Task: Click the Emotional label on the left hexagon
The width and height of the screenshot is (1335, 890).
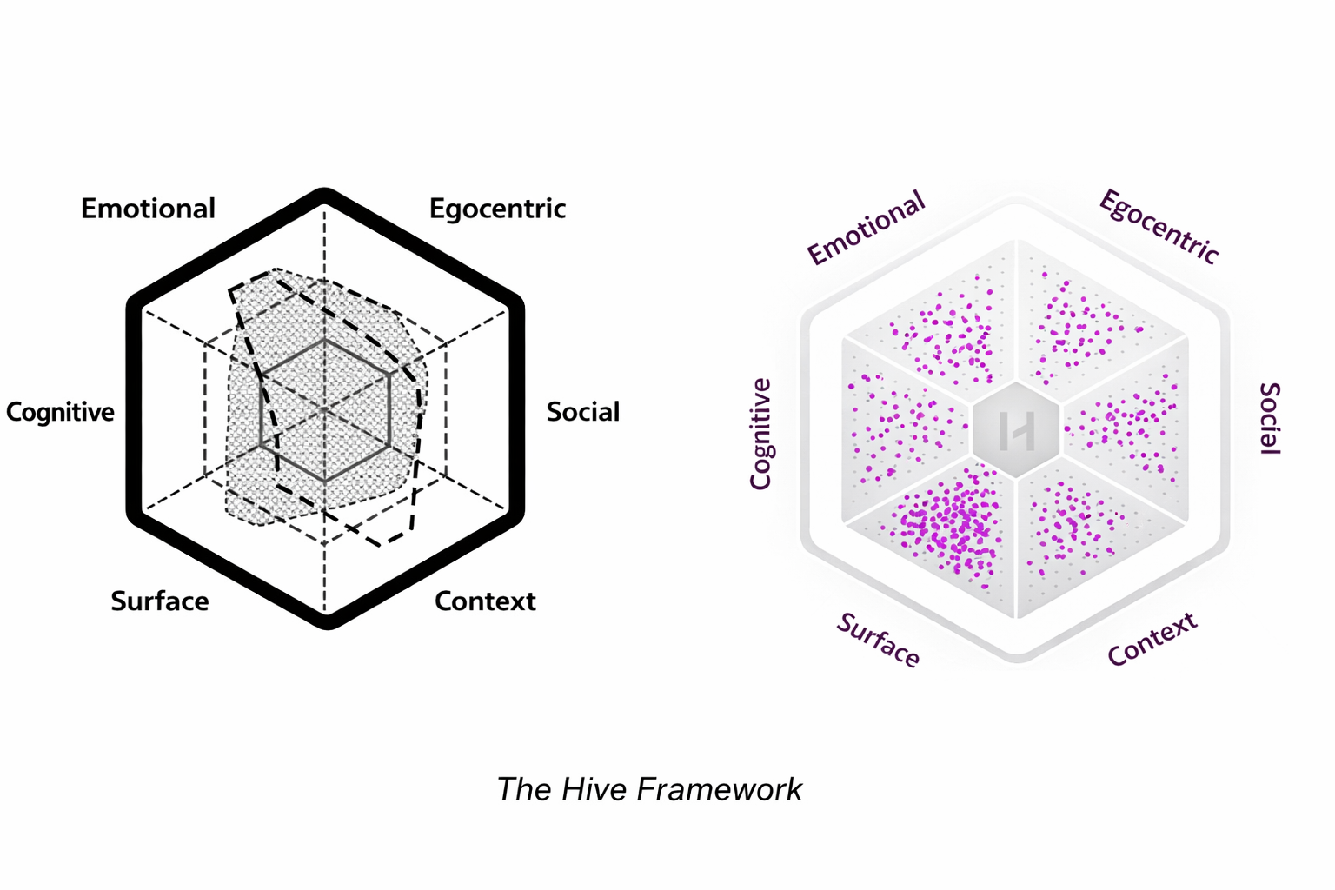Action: pos(148,209)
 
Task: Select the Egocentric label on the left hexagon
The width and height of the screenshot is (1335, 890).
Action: pos(497,209)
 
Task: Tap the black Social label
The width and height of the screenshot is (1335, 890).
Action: pos(582,412)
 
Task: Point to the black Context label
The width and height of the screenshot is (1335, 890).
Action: pos(485,601)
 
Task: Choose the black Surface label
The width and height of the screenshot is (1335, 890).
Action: pos(160,601)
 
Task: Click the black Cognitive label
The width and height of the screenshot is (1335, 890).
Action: pos(60,412)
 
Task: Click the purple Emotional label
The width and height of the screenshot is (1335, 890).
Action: pos(866,228)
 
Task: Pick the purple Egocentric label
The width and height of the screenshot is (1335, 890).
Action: pos(1159,226)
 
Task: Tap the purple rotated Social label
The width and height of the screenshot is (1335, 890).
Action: pos(1270,418)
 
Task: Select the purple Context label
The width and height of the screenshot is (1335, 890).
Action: pos(1152,639)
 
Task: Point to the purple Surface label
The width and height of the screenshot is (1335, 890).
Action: pos(878,641)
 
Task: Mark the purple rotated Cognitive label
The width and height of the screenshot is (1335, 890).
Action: pos(760,434)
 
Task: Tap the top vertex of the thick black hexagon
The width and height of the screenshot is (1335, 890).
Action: pos(324,195)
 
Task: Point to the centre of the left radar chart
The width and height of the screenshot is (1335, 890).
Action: pos(324,408)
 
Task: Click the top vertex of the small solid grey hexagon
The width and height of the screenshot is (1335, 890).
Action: pos(324,340)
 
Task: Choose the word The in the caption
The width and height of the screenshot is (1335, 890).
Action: pos(524,789)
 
